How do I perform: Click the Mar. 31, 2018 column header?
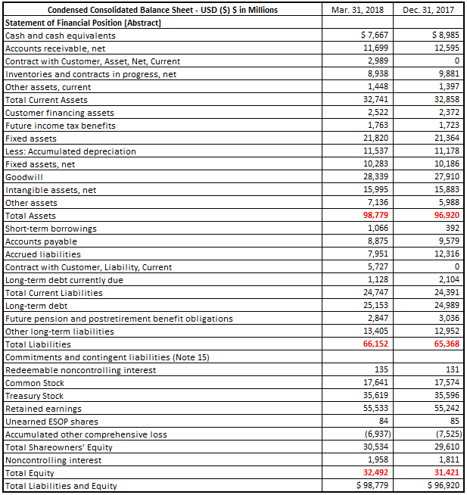point(358,10)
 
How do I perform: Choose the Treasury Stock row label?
point(34,396)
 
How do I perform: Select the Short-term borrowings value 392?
point(452,229)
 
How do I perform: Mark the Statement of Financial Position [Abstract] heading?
point(83,22)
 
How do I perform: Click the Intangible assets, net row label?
point(51,190)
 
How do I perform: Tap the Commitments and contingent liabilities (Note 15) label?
point(107,357)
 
